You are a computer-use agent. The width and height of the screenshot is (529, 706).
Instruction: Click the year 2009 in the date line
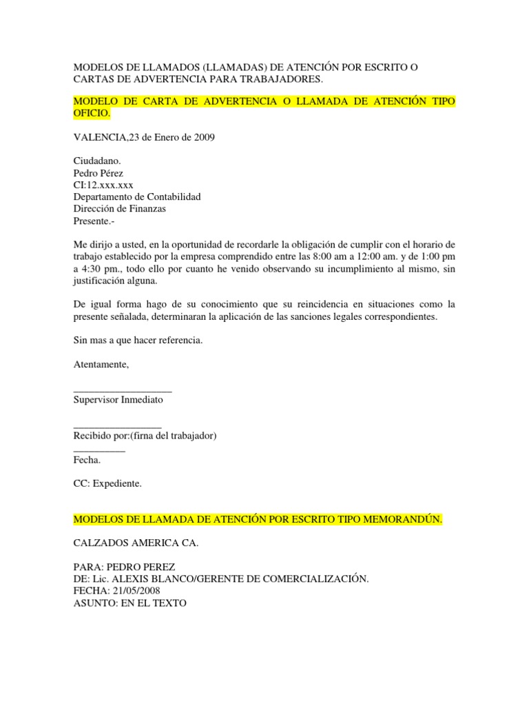coord(203,137)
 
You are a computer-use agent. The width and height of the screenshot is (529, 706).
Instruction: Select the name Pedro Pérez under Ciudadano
coord(98,173)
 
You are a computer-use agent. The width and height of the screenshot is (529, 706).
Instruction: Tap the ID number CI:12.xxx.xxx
coord(103,185)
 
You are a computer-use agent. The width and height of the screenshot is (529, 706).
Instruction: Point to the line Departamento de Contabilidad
coord(137,196)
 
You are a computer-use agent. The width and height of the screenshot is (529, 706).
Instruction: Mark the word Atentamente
coord(101,364)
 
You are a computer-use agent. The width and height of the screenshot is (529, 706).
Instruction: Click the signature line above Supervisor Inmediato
coord(123,390)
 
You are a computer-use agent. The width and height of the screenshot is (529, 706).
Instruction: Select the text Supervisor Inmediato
coord(118,400)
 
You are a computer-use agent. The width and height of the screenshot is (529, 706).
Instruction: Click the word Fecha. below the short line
coord(87,460)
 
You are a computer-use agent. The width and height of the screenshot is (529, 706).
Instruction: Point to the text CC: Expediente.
coord(107,484)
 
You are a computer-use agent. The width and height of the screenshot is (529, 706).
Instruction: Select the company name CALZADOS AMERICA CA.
coord(136,543)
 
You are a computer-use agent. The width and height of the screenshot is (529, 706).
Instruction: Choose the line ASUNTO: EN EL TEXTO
coord(129,603)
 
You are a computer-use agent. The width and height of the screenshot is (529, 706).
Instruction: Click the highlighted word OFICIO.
coord(91,113)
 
